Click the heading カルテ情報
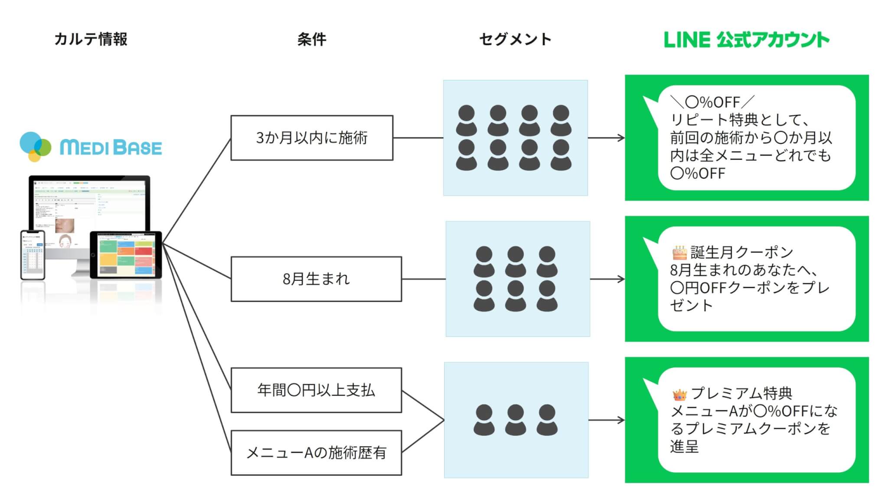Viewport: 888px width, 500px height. tap(91, 39)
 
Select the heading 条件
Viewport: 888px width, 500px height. tap(311, 39)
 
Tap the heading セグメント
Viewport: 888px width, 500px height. tap(515, 39)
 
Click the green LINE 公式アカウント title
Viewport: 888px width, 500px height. tap(746, 39)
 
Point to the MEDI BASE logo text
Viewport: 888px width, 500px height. tap(111, 148)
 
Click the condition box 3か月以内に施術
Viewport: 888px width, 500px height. tap(312, 138)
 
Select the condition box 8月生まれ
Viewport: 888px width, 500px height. tap(316, 279)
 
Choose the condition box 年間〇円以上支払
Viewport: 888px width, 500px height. tap(316, 390)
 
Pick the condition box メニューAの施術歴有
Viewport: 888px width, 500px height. tap(316, 453)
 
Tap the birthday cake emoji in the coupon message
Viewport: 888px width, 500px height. tap(679, 252)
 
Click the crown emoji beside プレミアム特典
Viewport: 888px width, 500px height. tap(679, 394)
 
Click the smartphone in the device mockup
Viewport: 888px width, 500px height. tap(33, 255)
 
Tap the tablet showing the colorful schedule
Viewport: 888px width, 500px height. tap(126, 255)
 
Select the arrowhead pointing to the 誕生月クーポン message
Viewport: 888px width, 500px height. tap(621, 279)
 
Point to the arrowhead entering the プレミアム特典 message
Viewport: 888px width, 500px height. tap(621, 420)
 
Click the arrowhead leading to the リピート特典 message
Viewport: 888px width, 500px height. tap(621, 138)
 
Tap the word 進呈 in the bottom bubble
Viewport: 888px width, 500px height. tap(684, 447)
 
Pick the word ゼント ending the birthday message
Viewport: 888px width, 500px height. tap(691, 306)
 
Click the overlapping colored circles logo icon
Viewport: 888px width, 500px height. tap(35, 147)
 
